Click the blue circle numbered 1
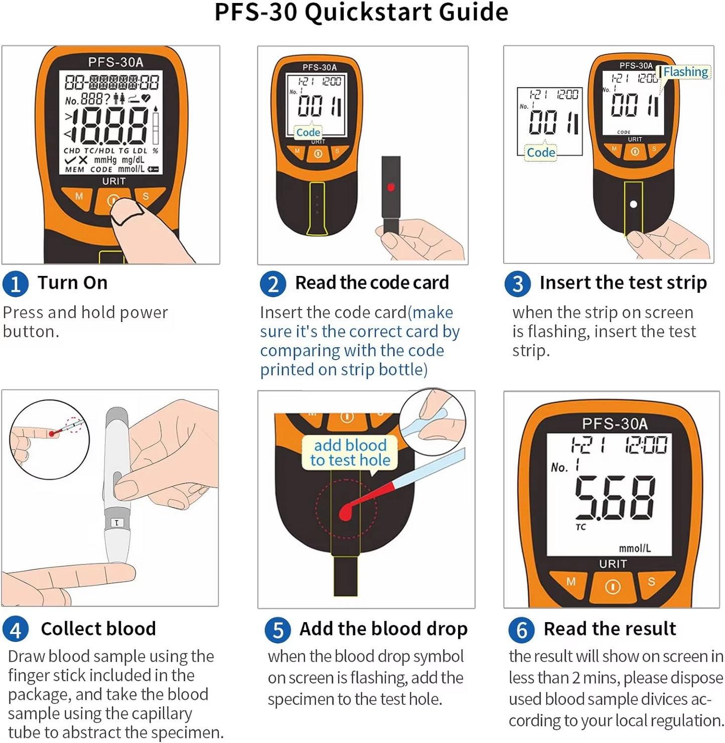point(15,283)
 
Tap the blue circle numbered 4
point(15,629)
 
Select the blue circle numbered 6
point(521,630)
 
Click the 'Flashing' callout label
point(685,72)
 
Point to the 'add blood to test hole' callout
point(350,453)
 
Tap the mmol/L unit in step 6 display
point(635,548)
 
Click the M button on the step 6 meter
point(570,582)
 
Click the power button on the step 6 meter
point(613,586)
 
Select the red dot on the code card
point(391,187)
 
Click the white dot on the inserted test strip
point(633,204)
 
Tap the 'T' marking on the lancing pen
point(117,523)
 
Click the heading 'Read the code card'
point(372,283)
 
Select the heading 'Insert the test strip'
point(623,283)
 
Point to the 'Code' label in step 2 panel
point(308,132)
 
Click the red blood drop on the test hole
point(346,512)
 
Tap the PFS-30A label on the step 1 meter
point(116,62)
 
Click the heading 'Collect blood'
point(98,629)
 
